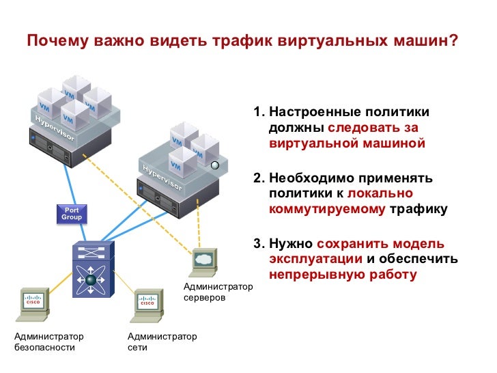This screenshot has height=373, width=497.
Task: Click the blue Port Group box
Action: [72, 214]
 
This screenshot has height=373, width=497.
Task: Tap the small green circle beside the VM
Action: [215, 165]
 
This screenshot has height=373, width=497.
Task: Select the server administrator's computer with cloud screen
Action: [204, 262]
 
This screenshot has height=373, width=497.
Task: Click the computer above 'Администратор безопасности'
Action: [33, 305]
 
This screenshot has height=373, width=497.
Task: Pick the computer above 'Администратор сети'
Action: [147, 305]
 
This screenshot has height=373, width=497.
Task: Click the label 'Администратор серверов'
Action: [218, 292]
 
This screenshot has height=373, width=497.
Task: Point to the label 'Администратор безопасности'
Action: [49, 342]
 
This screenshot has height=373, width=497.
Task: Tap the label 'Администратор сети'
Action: [162, 342]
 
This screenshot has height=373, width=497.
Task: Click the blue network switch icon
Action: [93, 270]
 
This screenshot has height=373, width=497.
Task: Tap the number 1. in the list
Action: [259, 112]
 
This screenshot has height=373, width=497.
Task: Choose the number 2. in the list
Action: [259, 178]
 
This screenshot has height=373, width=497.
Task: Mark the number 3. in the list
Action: [259, 244]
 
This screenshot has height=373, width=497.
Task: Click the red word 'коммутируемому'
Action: [327, 209]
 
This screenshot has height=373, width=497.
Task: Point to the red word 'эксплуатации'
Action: [315, 259]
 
